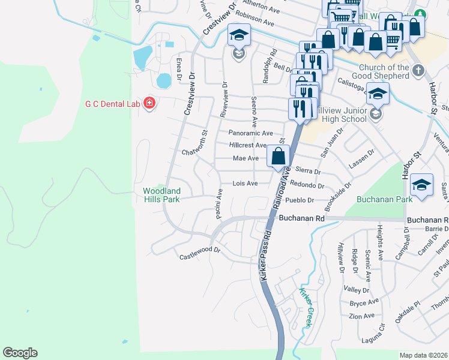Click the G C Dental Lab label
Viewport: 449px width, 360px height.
[x=112, y=104]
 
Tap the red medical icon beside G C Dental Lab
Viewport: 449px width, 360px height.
[x=149, y=104]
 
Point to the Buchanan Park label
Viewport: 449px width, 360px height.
[x=384, y=199]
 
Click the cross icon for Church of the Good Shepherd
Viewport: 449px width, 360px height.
[x=418, y=71]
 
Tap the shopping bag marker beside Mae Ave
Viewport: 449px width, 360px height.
[x=279, y=157]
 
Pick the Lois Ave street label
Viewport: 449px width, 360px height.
[x=245, y=183]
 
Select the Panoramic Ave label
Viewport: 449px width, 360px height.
[x=250, y=133]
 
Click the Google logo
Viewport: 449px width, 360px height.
[x=20, y=353]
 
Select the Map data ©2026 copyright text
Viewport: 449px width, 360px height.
[x=423, y=355]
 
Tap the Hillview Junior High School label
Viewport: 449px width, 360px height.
[x=340, y=115]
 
